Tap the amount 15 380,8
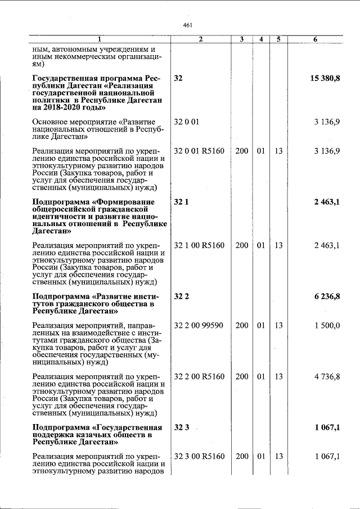click(325, 78)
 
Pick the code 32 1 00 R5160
click(199, 246)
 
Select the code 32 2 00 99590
click(199, 325)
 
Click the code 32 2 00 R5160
click(199, 376)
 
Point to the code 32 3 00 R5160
click(199, 456)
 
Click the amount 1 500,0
click(327, 325)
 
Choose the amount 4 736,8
click(327, 376)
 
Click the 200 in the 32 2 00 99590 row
click(241, 325)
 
